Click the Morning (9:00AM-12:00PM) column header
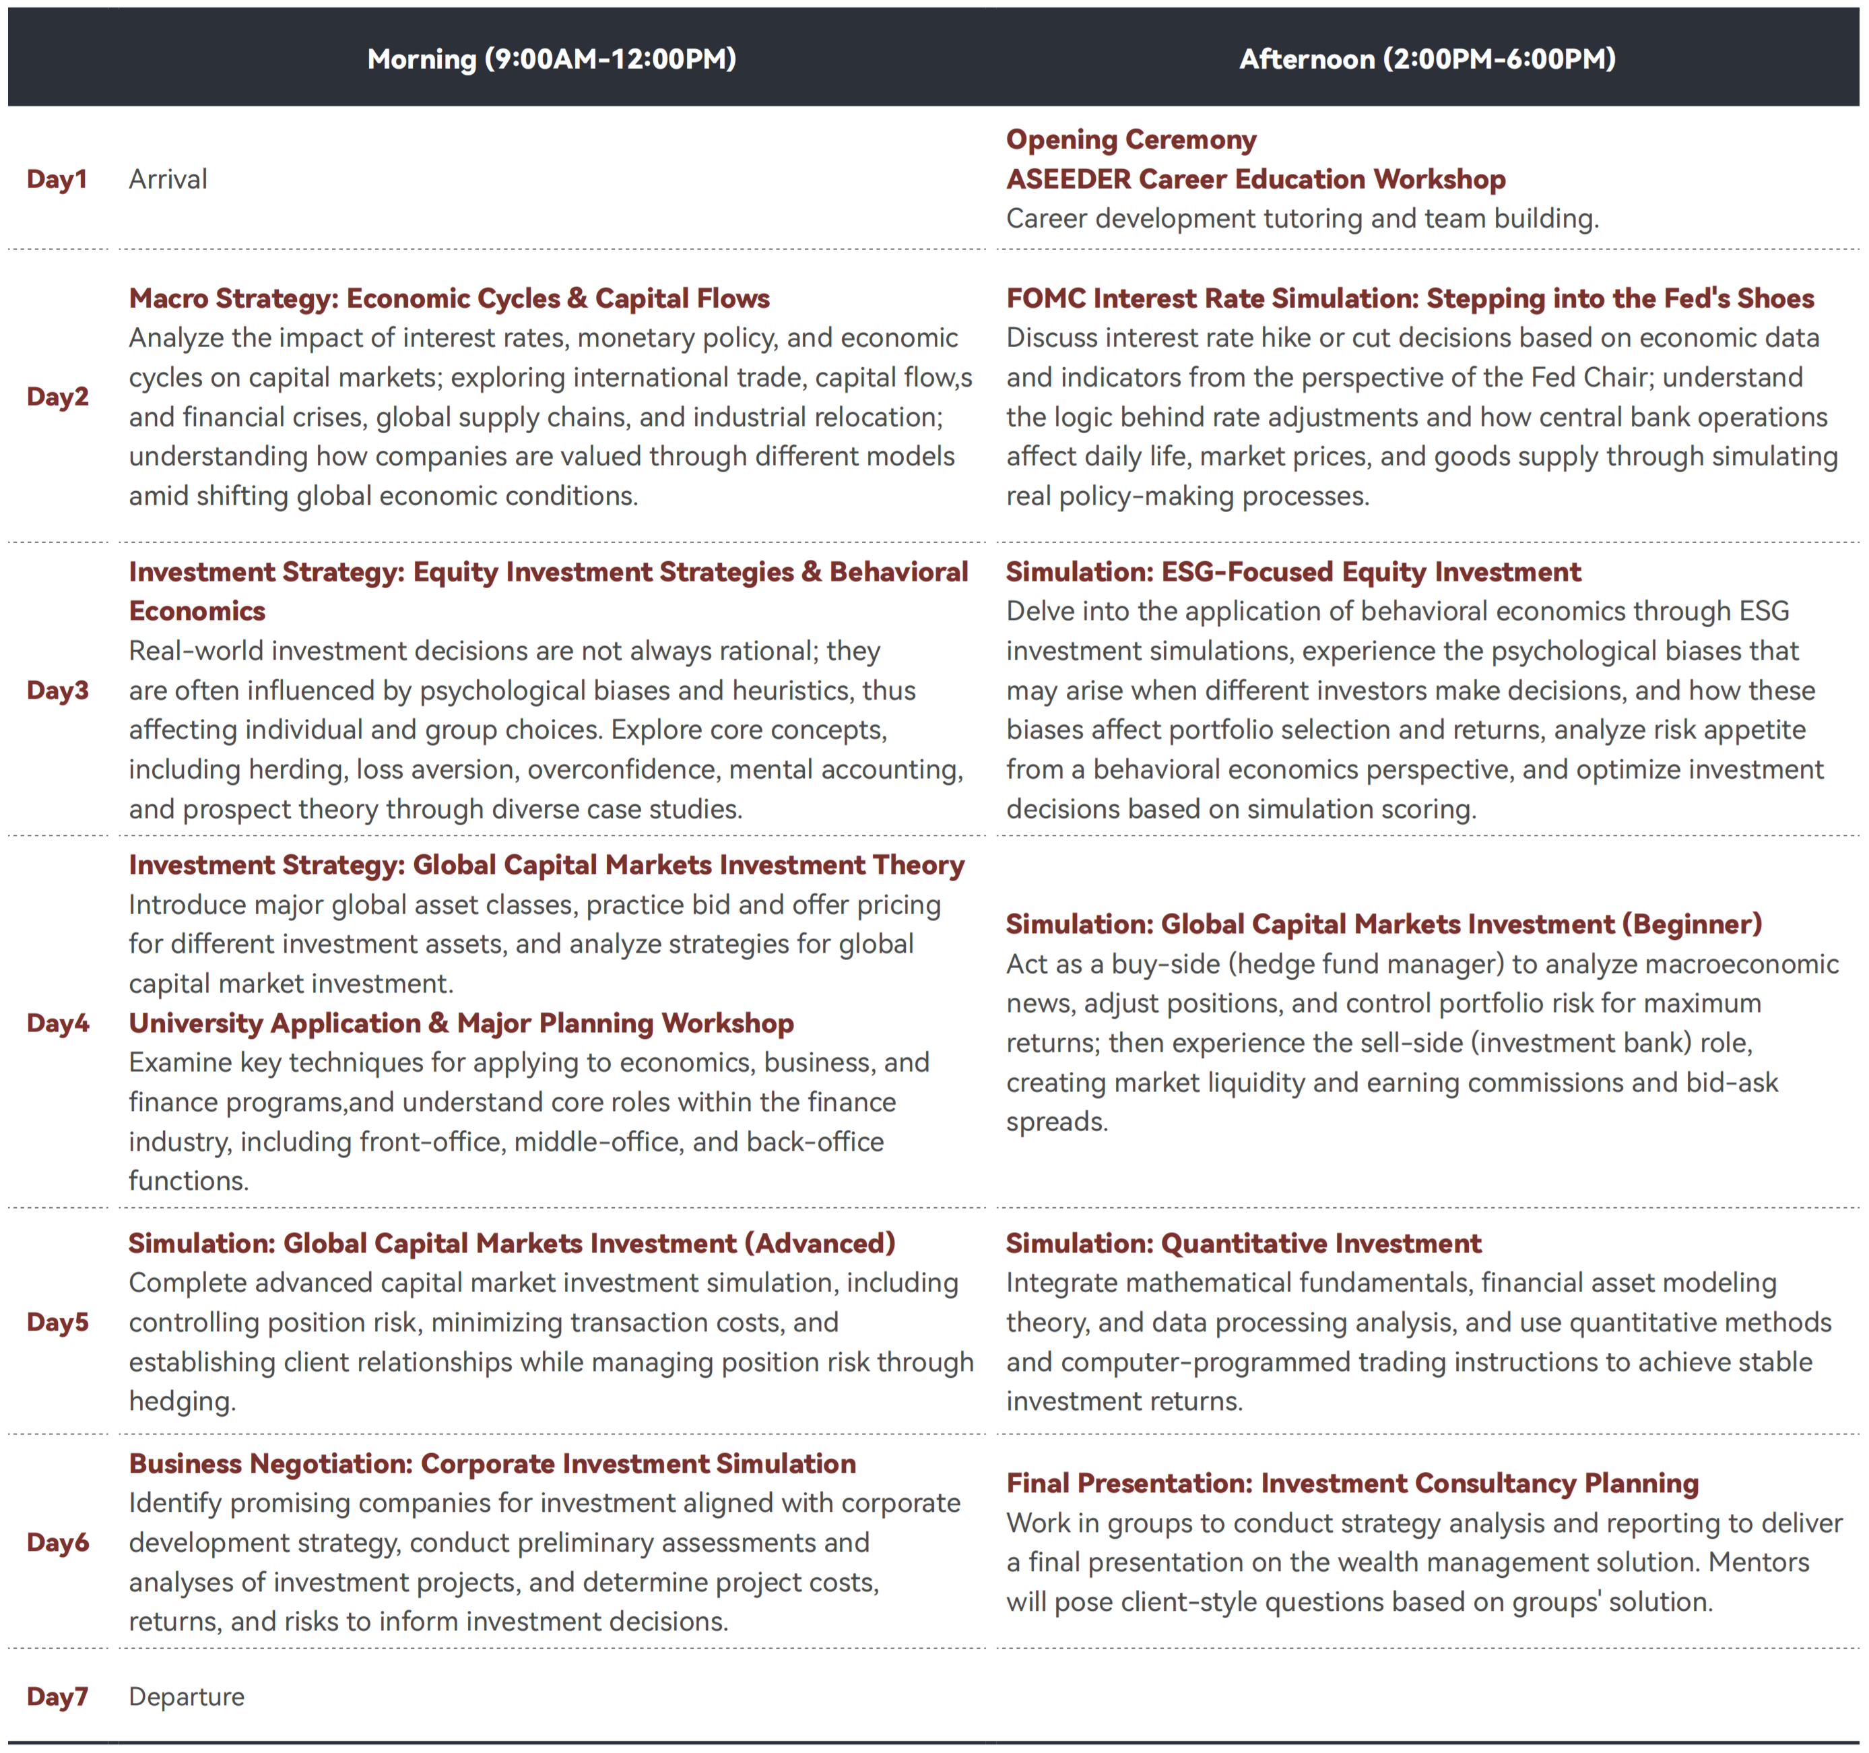551,59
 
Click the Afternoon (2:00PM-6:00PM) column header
1427,59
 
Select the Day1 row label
57,179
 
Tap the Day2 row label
57,396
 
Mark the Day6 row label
57,1541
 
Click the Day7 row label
57,1696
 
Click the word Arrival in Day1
167,179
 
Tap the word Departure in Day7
186,1696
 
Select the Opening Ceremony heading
1130,139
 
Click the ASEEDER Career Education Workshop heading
1255,179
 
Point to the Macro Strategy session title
449,298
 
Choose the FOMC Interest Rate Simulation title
1409,298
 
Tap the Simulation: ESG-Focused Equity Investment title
1292,572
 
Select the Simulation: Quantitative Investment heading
1243,1243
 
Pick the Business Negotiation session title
492,1463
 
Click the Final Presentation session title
1352,1483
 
